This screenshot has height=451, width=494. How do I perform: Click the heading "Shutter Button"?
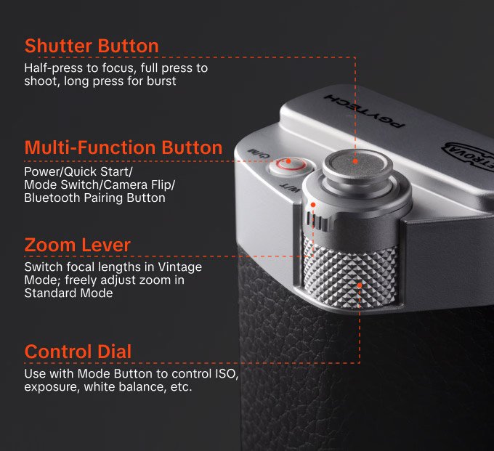(92, 46)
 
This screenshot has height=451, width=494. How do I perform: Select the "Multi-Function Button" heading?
(123, 148)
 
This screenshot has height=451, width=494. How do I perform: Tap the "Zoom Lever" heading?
(77, 245)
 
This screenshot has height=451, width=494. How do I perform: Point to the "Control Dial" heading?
(78, 352)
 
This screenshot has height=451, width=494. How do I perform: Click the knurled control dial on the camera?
(356, 280)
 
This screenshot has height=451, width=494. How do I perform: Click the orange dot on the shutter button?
(355, 161)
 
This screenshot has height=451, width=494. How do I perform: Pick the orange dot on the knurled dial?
(360, 285)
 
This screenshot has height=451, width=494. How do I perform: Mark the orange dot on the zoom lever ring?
(312, 206)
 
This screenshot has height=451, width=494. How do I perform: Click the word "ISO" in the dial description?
(228, 374)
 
